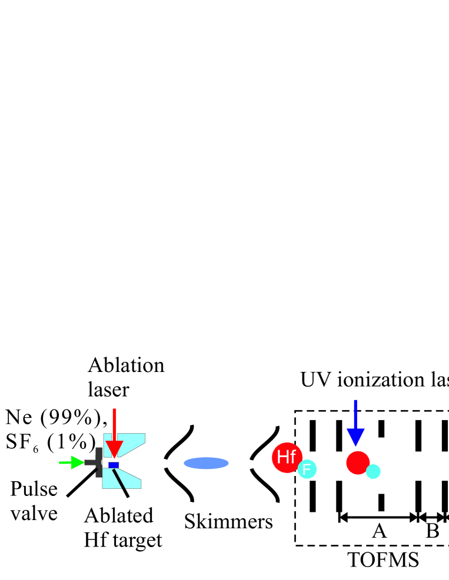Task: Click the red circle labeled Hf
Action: pos(287,457)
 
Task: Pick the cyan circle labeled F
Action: pos(307,469)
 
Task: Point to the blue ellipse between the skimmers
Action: pos(206,463)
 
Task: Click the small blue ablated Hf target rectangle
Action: pos(114,465)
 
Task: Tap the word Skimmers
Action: pos(228,521)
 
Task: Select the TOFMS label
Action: pos(383,560)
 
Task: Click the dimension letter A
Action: pos(379,531)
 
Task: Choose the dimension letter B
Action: pos(432,531)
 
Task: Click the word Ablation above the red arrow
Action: pos(126,366)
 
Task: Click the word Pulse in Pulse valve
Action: pos(34,490)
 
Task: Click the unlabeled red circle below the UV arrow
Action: pos(358,462)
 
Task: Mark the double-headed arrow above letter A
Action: pos(378,518)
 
